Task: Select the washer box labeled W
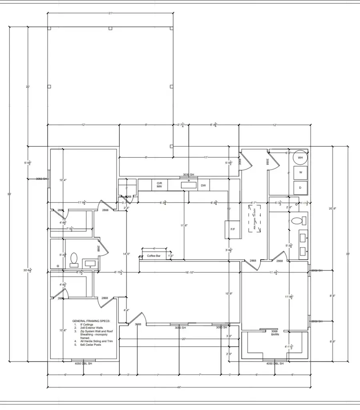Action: (x=300, y=172)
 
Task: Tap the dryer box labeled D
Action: (x=300, y=187)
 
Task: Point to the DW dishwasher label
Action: (x=203, y=185)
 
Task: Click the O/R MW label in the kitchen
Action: (x=159, y=185)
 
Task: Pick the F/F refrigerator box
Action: (x=232, y=229)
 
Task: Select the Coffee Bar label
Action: (x=154, y=256)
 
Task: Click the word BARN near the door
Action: (x=275, y=334)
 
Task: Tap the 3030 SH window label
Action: (x=188, y=175)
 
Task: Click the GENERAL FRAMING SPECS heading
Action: (x=91, y=321)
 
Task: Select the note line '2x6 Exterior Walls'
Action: (x=92, y=328)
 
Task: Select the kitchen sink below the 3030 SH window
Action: (x=188, y=185)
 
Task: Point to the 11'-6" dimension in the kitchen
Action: (x=184, y=226)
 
